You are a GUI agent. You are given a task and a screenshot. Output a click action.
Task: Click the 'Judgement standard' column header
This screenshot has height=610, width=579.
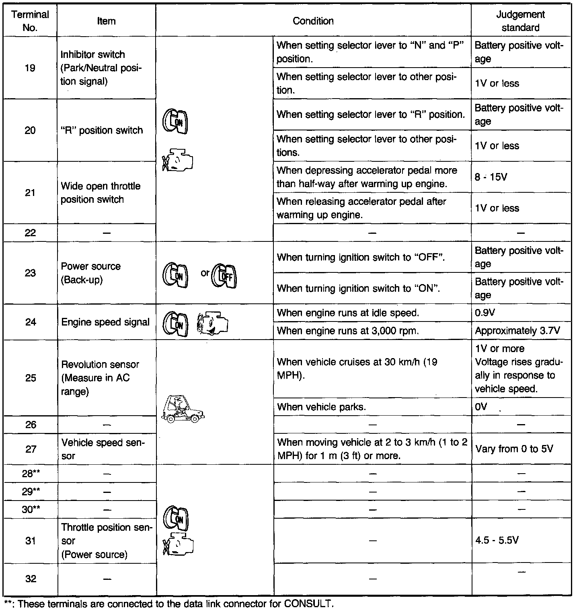coord(520,21)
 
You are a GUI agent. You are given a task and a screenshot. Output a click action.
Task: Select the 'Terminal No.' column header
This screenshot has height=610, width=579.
coord(30,21)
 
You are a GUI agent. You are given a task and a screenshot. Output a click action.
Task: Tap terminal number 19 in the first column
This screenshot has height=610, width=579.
coord(30,68)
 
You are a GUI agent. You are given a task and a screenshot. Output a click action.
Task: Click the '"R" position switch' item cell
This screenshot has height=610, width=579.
coord(102,130)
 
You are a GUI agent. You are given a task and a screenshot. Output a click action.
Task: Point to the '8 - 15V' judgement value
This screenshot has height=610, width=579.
coord(491,177)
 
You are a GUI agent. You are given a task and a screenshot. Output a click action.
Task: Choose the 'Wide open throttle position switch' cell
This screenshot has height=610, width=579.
coord(101,193)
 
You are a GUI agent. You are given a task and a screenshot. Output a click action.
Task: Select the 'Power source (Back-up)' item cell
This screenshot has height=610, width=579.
coord(91,273)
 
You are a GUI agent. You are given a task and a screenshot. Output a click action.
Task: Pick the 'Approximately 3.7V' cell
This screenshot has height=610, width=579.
coord(517,331)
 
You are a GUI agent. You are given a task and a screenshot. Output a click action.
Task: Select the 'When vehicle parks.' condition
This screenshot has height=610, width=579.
coord(321,407)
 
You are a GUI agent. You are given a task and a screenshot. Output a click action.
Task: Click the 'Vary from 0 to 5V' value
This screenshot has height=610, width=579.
coord(514,449)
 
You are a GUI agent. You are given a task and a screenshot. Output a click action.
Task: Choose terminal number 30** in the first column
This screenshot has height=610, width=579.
coord(31,509)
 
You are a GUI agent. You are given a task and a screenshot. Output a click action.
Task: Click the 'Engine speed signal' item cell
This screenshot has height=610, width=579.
coord(105,322)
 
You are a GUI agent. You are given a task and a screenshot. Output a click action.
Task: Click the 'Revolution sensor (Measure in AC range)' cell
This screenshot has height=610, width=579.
coord(100,378)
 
